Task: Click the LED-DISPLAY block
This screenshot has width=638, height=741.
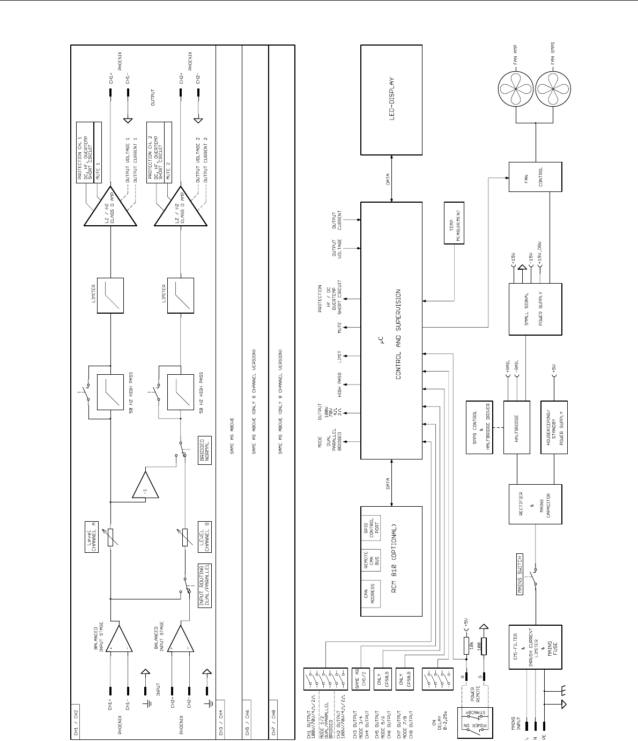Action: pyautogui.click(x=391, y=99)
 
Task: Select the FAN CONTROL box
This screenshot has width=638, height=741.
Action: pyautogui.click(x=536, y=176)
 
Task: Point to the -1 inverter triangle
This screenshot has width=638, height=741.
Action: pyautogui.click(x=146, y=486)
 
